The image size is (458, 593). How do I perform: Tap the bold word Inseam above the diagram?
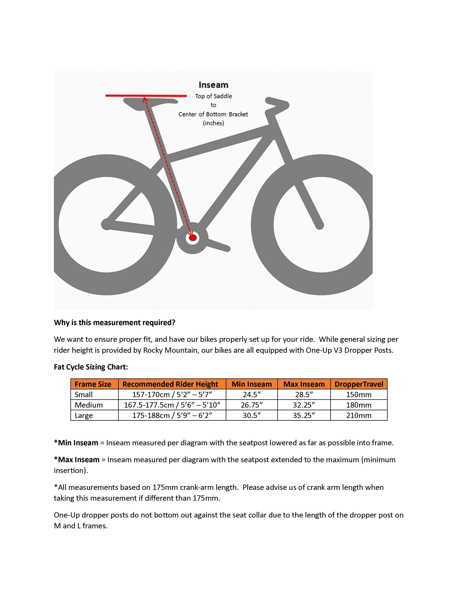tap(213, 85)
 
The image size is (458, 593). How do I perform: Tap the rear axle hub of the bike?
tap(106, 224)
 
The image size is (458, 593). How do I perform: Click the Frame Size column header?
tap(93, 384)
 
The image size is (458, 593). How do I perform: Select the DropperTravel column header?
tap(359, 384)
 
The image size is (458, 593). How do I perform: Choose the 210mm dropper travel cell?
tap(359, 415)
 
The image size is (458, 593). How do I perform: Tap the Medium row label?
tap(89, 405)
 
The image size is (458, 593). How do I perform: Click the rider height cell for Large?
tap(172, 415)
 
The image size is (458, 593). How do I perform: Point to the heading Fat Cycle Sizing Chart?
tap(91, 367)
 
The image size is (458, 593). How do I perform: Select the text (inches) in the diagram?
tap(213, 123)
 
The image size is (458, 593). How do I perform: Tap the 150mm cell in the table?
tap(359, 394)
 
